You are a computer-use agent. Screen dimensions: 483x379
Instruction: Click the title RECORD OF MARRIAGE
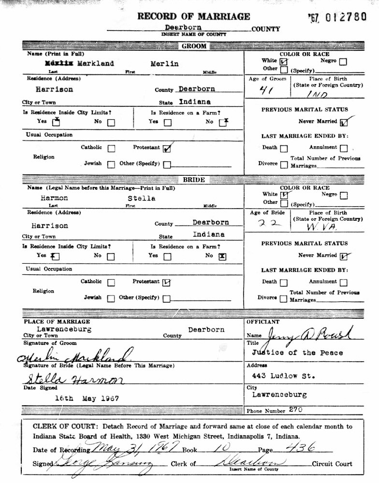coord(194,16)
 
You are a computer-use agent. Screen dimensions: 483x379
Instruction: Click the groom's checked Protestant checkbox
coord(167,148)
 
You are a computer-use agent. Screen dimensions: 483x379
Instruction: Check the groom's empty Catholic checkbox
coord(111,148)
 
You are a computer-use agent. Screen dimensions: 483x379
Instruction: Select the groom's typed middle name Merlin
coord(165,64)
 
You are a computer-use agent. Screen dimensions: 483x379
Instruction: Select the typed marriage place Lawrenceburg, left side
coord(57,329)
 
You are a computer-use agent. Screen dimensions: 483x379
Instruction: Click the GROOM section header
coord(194,46)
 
